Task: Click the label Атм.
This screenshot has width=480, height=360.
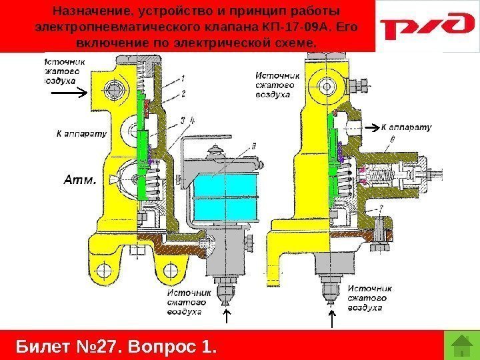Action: [80, 179]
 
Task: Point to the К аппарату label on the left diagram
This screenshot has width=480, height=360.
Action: [81, 133]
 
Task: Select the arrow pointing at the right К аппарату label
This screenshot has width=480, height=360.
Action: [371, 126]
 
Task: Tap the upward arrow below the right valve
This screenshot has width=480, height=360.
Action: [331, 317]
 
